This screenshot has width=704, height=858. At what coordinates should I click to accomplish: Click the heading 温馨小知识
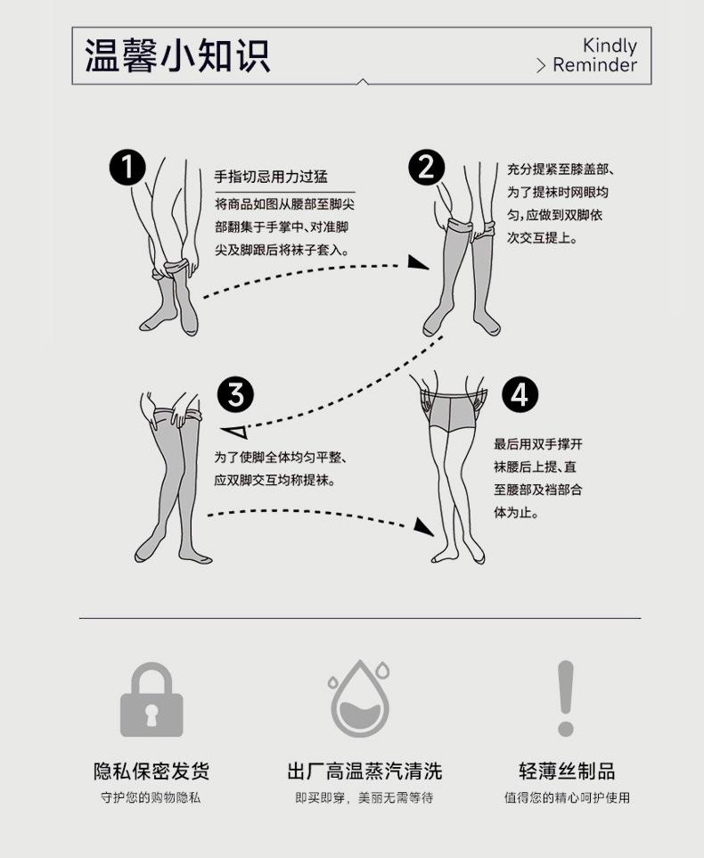[x=177, y=55]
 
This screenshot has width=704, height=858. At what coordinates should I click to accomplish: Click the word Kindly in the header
[x=610, y=45]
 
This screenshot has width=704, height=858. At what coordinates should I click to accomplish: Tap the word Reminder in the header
[x=594, y=66]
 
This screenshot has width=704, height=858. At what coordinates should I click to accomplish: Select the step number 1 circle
[x=127, y=168]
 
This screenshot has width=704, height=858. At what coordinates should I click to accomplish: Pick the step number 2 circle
[x=426, y=168]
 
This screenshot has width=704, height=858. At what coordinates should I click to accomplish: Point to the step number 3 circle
[x=236, y=393]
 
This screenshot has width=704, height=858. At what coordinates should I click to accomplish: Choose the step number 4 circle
[x=520, y=393]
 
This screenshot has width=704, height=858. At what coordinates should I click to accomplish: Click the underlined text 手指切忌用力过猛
[x=271, y=177]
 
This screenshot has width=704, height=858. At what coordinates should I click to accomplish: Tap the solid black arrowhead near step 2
[x=417, y=262]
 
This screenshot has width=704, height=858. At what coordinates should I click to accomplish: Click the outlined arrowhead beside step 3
[x=235, y=433]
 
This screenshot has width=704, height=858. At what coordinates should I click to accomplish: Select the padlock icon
[x=151, y=701]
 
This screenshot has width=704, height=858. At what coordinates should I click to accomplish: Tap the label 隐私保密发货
[x=151, y=771]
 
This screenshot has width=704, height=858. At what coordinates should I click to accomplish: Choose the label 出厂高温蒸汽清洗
[x=364, y=771]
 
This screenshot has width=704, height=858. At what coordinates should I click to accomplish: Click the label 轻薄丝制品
[x=567, y=771]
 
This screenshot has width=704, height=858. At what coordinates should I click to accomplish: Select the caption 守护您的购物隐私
[x=151, y=797]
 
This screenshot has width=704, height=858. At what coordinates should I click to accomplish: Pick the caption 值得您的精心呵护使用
[x=567, y=797]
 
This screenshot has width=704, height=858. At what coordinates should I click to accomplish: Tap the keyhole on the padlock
[x=151, y=714]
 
